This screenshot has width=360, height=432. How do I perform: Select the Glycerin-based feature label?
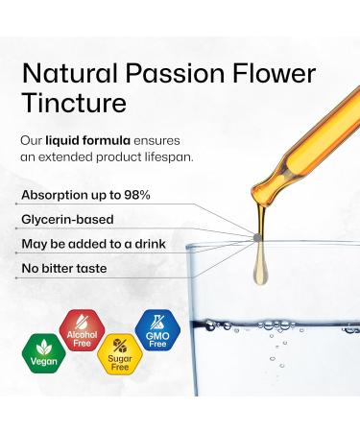click(x=72, y=219)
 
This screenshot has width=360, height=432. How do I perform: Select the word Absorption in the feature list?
click(x=57, y=195)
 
